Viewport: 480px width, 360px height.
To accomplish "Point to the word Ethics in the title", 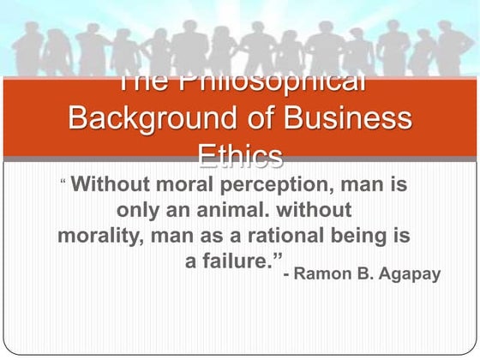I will (x=240, y=155).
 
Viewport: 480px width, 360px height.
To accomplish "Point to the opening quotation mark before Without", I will (x=63, y=182).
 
